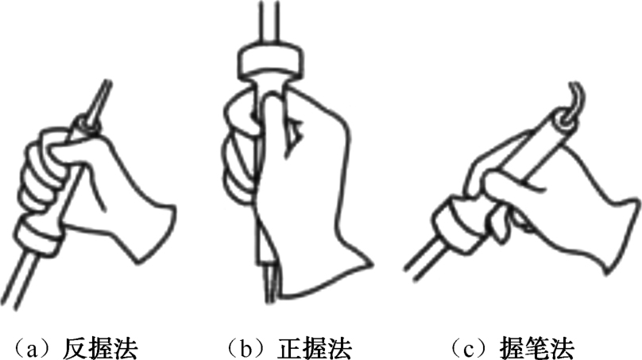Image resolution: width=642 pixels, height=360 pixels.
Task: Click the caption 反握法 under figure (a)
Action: (x=100, y=348)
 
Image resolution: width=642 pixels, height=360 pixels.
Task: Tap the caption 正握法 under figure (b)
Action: (x=315, y=348)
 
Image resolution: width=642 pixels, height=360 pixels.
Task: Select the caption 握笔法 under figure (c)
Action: (x=536, y=348)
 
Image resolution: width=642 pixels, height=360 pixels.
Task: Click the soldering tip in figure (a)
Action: (x=101, y=99)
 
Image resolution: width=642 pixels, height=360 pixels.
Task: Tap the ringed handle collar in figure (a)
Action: (x=39, y=235)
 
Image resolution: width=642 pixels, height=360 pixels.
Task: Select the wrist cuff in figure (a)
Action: (x=156, y=230)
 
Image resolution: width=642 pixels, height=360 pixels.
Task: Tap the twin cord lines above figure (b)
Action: (x=269, y=20)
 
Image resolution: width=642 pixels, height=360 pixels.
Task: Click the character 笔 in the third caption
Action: (x=536, y=348)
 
